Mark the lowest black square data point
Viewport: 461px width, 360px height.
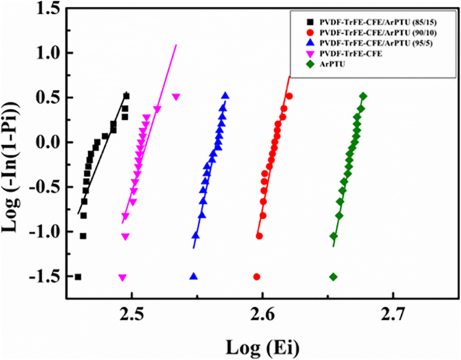78,277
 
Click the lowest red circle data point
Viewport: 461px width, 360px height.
256,277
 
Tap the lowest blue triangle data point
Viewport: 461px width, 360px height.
194,277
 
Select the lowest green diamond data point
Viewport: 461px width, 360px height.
333,277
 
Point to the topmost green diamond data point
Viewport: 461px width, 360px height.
363,96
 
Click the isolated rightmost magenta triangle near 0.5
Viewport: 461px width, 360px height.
176,97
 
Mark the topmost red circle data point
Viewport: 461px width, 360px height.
289,96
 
